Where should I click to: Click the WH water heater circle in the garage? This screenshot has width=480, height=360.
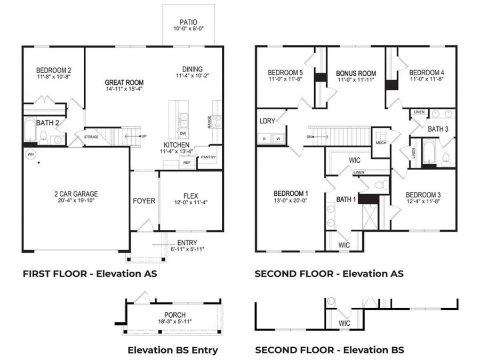(30, 154)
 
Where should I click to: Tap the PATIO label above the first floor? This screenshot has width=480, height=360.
(188, 22)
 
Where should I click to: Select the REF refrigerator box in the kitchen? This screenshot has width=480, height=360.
(187, 163)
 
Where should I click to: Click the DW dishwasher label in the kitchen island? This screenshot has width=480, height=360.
(183, 133)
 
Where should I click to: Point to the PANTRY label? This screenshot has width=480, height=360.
(208, 157)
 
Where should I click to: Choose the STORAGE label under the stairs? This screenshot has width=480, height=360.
(91, 137)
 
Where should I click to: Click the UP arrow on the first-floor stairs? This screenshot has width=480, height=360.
(133, 136)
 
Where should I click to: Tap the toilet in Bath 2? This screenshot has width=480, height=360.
(43, 138)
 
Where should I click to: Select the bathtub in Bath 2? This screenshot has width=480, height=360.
(30, 130)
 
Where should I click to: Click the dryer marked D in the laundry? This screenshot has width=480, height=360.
(264, 139)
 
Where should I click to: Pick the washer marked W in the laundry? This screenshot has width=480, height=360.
(278, 139)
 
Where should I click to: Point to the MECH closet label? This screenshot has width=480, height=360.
(381, 142)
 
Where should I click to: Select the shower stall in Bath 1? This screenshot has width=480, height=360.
(370, 217)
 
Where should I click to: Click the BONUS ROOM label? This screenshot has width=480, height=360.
(356, 74)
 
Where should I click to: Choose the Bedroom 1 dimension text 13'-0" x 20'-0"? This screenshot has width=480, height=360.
(291, 201)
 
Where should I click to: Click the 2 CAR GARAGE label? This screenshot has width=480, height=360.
(76, 194)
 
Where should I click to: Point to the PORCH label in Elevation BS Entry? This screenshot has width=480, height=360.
(175, 315)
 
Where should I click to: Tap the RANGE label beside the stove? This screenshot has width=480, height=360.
(210, 122)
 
